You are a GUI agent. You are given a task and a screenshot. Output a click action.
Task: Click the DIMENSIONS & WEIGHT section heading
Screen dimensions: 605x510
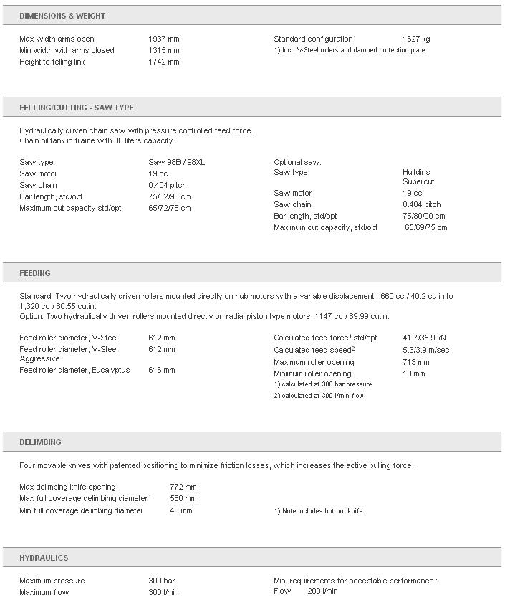(x=62, y=16)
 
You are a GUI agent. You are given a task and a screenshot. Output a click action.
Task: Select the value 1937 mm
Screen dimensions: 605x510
(x=164, y=39)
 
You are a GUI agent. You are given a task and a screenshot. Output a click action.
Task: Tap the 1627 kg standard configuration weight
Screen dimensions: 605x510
(x=416, y=39)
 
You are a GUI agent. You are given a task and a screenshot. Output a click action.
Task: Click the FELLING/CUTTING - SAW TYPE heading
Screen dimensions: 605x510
(x=77, y=108)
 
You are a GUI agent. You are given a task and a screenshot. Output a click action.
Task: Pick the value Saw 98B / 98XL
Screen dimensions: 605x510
(x=176, y=162)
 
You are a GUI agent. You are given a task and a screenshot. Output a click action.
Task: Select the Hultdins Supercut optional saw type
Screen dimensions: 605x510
(x=419, y=177)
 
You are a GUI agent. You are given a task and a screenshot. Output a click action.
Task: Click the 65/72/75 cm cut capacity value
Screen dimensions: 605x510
(x=170, y=208)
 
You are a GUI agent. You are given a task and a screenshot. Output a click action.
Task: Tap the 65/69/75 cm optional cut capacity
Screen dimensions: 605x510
(x=425, y=227)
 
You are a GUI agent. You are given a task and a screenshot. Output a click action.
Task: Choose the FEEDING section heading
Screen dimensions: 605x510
(x=35, y=273)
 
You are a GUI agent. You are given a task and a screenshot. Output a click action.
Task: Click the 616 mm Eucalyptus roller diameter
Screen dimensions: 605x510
(x=161, y=370)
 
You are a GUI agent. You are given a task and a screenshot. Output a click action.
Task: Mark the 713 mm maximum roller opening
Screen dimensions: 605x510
(x=415, y=362)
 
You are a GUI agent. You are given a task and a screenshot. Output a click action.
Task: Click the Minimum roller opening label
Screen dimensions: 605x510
(x=312, y=373)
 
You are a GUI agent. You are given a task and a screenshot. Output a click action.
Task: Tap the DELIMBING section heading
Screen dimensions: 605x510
(x=40, y=442)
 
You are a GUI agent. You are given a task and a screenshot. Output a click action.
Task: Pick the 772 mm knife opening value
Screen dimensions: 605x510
(x=183, y=487)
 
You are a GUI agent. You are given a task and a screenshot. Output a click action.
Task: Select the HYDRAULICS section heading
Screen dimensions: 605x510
(x=44, y=558)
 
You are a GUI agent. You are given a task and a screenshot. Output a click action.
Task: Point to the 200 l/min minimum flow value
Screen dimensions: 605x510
(x=322, y=591)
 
